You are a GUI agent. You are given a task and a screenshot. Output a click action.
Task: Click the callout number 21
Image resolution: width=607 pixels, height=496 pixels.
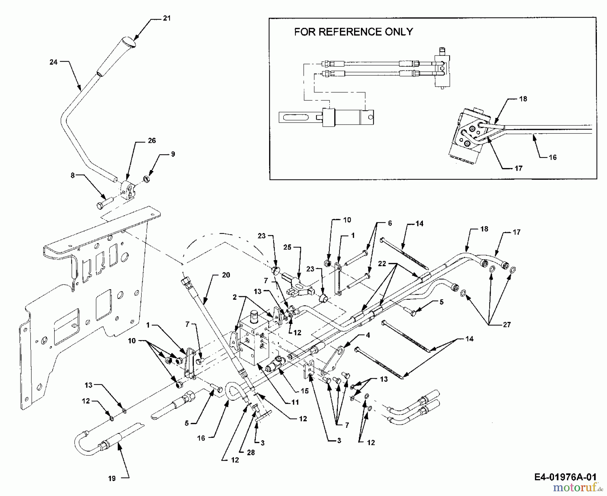point(167,19)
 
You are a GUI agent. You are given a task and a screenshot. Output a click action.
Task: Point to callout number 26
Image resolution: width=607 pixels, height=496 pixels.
point(152,141)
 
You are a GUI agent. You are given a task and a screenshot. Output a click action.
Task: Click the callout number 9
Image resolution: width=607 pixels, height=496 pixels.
point(173,154)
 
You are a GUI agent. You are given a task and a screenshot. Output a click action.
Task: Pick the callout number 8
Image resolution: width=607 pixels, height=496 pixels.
point(73,175)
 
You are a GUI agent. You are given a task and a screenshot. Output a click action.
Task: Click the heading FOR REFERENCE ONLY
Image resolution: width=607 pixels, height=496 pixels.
point(353,32)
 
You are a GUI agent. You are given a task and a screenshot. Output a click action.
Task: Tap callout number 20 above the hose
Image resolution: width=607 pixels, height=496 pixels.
point(226,275)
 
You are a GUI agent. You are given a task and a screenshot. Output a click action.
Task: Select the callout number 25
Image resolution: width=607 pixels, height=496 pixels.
point(287,247)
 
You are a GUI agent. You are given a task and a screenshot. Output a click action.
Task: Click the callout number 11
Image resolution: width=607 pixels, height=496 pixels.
point(295,402)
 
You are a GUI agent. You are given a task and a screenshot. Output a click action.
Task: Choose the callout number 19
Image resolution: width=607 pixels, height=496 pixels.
point(112,478)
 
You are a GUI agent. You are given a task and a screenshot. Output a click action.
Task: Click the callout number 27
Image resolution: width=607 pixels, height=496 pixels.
point(507,325)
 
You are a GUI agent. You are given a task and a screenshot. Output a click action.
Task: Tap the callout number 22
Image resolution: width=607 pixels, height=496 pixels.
point(382,264)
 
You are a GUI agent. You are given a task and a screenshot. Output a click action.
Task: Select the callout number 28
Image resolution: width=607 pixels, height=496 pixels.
point(251,453)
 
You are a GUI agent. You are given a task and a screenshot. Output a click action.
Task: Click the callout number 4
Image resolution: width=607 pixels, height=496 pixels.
point(368,335)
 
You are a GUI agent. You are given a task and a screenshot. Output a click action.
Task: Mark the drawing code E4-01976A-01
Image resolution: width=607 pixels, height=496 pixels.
point(566,477)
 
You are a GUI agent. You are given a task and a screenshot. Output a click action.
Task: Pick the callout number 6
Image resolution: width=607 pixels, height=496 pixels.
point(390,223)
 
